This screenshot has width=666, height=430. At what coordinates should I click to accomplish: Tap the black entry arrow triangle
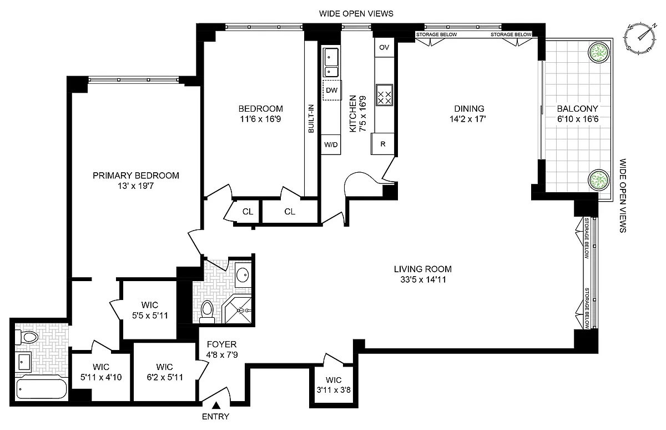(216, 406)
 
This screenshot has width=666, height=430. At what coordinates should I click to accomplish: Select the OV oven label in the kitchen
(384, 47)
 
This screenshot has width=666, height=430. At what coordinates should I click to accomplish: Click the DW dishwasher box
(332, 90)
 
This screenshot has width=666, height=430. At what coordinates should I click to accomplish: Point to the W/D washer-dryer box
(331, 144)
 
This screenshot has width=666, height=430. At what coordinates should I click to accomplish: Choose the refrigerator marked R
(382, 144)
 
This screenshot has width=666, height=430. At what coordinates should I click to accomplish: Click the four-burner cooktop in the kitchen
(385, 95)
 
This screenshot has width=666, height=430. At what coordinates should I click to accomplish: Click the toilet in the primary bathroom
(27, 337)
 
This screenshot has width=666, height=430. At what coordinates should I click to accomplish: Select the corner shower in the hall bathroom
(238, 309)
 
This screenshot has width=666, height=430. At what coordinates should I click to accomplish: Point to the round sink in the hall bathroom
(243, 274)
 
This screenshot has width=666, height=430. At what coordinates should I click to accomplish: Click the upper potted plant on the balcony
(599, 52)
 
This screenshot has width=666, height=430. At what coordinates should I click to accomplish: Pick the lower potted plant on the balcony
(599, 180)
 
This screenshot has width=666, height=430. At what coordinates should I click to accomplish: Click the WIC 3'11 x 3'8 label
(334, 385)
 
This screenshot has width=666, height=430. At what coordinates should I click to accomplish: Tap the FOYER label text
(221, 344)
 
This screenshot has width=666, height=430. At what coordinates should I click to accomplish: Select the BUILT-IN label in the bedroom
(311, 118)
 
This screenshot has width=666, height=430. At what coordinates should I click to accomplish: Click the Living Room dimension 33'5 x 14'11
(423, 280)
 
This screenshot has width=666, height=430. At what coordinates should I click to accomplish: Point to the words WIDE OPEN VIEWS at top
(356, 14)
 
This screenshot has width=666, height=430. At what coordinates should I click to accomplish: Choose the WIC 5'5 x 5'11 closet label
(150, 310)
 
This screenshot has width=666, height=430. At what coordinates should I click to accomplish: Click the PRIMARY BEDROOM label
(136, 176)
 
